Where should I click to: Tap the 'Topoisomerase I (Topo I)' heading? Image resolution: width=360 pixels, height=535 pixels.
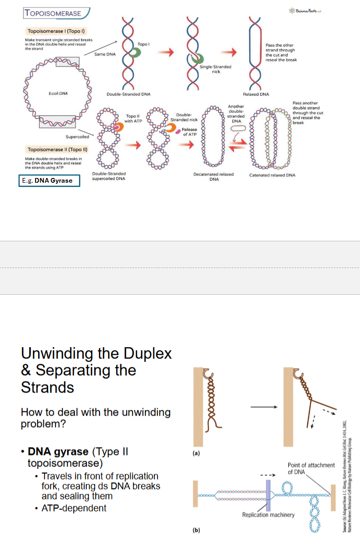click(x=53, y=31)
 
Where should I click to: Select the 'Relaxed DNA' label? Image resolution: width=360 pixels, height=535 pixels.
click(x=255, y=94)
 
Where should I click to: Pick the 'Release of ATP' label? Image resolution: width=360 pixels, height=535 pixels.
click(x=190, y=132)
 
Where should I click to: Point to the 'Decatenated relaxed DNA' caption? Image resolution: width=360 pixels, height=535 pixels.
click(x=213, y=176)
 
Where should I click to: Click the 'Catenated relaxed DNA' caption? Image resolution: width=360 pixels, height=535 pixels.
click(x=272, y=175)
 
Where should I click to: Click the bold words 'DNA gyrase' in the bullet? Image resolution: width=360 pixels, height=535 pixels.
click(x=58, y=452)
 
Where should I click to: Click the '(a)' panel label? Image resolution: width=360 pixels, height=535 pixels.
click(x=197, y=453)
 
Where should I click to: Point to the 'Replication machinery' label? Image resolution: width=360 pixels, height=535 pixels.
click(x=268, y=515)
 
